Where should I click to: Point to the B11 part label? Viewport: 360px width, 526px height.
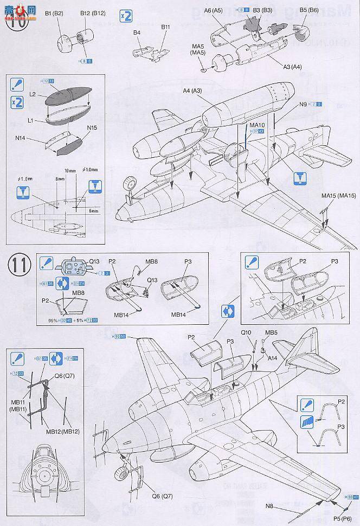click(x=165, y=26)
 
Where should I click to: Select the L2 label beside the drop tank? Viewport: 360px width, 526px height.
click(x=33, y=94)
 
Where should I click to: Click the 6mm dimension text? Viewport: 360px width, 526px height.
click(x=96, y=210)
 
